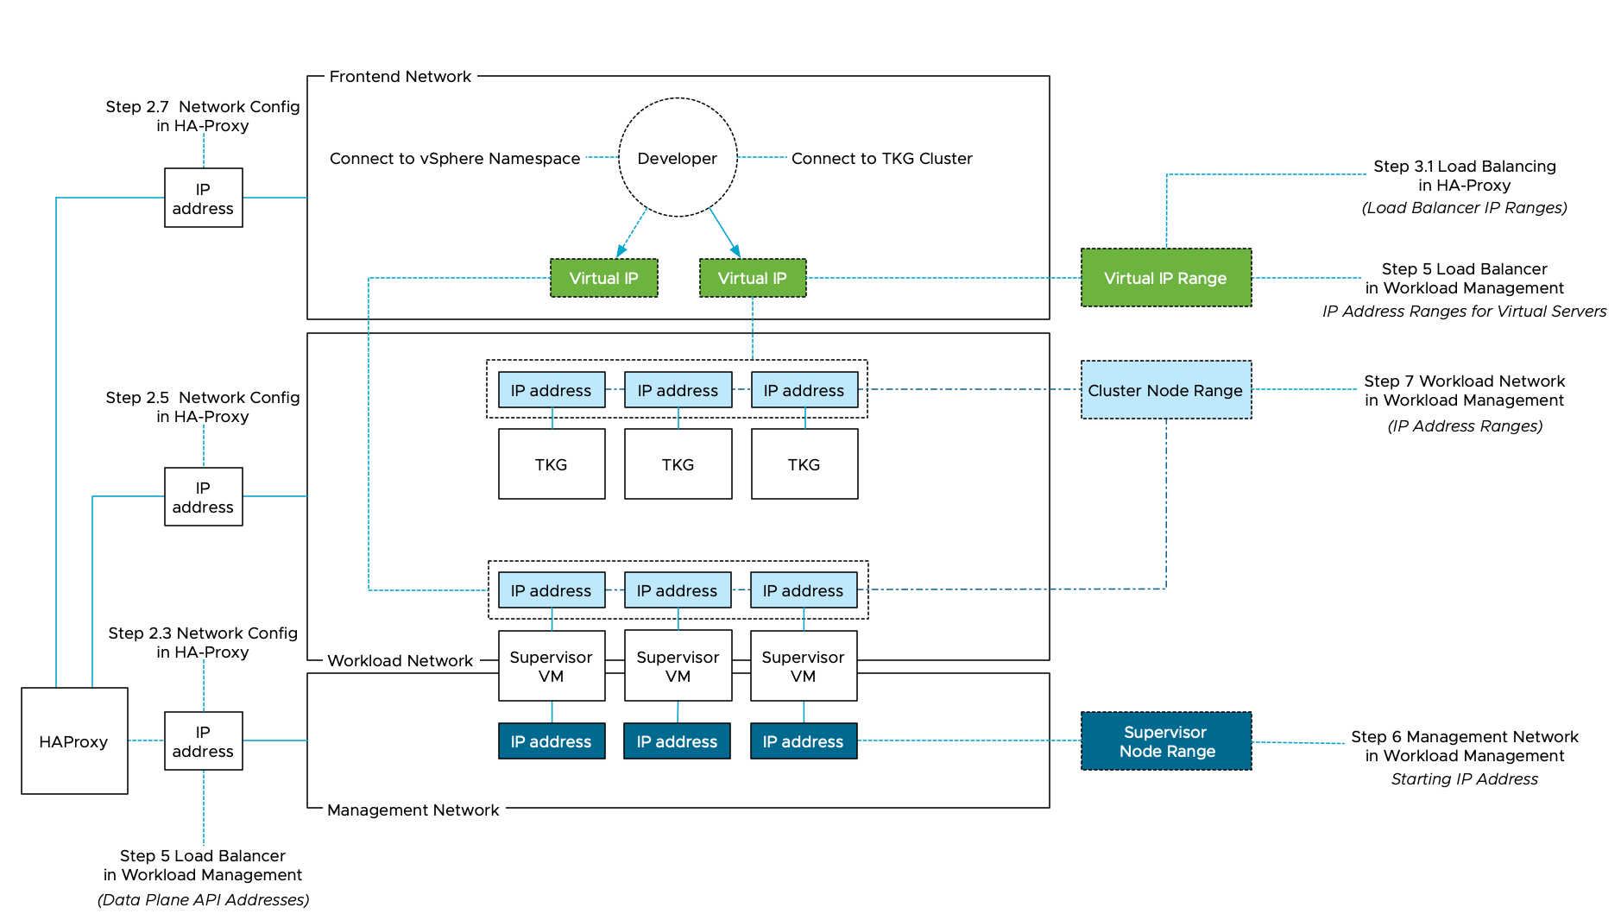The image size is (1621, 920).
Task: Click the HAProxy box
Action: pyautogui.click(x=74, y=740)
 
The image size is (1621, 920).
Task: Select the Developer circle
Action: pyautogui.click(x=678, y=158)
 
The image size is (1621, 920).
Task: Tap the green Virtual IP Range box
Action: pyautogui.click(x=1165, y=278)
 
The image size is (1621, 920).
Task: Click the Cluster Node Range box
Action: pyautogui.click(x=1165, y=390)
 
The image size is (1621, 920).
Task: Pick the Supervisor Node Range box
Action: pyautogui.click(x=1165, y=741)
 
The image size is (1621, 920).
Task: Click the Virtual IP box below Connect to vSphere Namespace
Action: pyautogui.click(x=603, y=278)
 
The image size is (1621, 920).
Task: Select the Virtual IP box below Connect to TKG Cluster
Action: pyautogui.click(x=752, y=278)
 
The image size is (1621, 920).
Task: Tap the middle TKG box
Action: pyautogui.click(x=678, y=464)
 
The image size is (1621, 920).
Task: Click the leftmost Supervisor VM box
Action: pyautogui.click(x=551, y=666)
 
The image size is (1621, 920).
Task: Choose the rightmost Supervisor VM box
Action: pyautogui.click(x=803, y=666)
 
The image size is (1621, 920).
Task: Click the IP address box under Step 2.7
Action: pyautogui.click(x=203, y=198)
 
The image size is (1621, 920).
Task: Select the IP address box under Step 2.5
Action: pyautogui.click(x=203, y=497)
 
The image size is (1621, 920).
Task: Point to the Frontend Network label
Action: pyautogui.click(x=401, y=77)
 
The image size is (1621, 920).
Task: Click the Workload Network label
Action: pyautogui.click(x=401, y=661)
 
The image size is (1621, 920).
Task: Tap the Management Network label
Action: pyautogui.click(x=413, y=810)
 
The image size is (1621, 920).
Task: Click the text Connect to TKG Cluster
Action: pyautogui.click(x=881, y=159)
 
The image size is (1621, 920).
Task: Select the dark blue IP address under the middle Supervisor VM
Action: pyautogui.click(x=677, y=741)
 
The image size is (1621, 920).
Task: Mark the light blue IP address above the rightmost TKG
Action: pyautogui.click(x=804, y=390)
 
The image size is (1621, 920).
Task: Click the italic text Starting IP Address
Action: pyautogui.click(x=1464, y=779)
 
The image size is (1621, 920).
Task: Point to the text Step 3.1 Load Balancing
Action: pyautogui.click(x=1464, y=167)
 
